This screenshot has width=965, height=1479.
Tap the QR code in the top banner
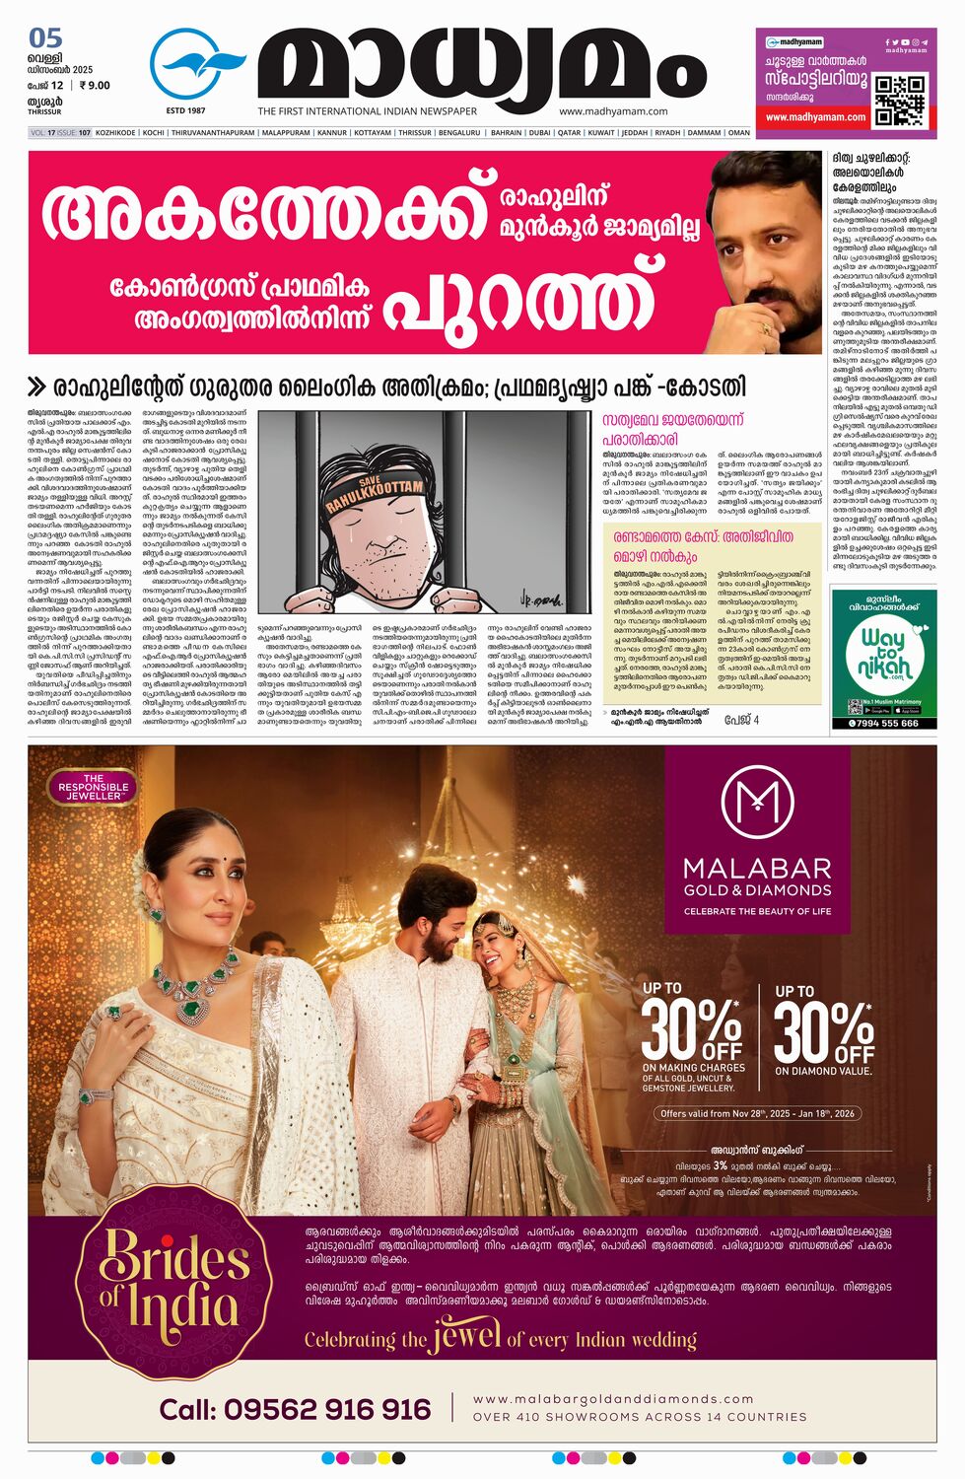click(899, 99)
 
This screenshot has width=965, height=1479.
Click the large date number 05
click(45, 38)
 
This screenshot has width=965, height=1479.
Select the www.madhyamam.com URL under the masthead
click(613, 111)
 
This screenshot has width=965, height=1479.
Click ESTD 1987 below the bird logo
click(185, 110)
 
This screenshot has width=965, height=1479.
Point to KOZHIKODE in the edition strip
click(115, 132)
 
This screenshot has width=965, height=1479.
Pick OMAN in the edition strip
click(738, 132)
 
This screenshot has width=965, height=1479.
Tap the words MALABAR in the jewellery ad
click(757, 869)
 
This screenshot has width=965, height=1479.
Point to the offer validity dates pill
click(757, 1113)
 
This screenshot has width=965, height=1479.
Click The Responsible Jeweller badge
click(94, 787)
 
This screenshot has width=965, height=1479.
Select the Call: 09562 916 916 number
click(295, 1409)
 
